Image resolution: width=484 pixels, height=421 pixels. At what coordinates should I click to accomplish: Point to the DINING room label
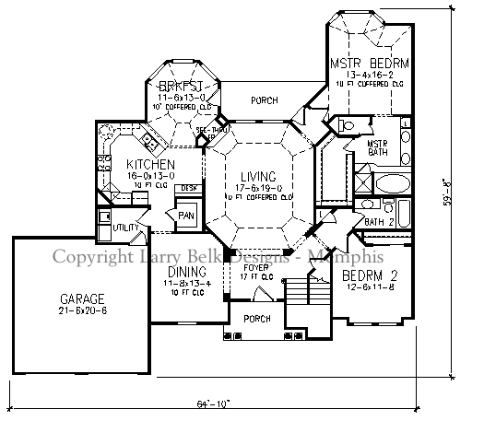186,272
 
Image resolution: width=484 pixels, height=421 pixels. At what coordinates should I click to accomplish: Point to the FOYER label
257,267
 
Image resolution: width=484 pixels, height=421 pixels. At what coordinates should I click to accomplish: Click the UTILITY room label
125,227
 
